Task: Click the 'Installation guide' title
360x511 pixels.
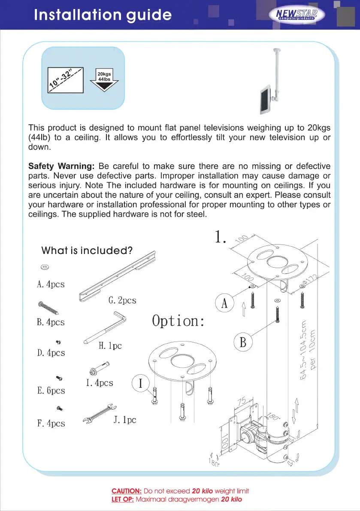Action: coord(103,15)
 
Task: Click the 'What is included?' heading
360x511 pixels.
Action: coord(87,250)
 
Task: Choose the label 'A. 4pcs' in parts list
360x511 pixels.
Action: coord(51,284)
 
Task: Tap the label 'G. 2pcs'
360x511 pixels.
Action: coord(122,300)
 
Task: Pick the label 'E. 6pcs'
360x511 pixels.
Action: coord(51,390)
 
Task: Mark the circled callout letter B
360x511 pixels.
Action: coord(242,343)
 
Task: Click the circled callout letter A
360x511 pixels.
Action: coord(224,303)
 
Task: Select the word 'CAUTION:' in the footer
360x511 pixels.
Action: coord(127,491)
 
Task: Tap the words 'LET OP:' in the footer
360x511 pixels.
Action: coord(123,499)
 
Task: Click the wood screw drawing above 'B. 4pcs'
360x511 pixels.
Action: coord(50,308)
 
